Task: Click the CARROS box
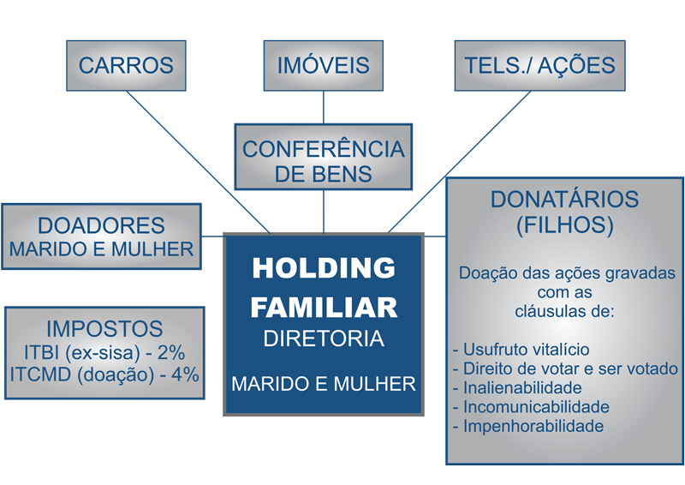click(126, 65)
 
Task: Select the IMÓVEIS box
click(323, 65)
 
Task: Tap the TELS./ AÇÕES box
click(539, 65)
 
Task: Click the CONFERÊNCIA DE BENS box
click(323, 160)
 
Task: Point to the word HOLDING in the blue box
click(324, 268)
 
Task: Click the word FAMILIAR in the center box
click(324, 306)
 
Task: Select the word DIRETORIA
click(324, 339)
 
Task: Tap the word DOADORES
click(101, 225)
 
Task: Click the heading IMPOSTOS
click(104, 329)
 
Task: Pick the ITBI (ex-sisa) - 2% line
click(104, 352)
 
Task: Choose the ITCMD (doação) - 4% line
click(104, 374)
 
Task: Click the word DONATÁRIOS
click(564, 200)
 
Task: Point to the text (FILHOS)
click(564, 225)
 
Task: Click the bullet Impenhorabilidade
click(533, 425)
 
